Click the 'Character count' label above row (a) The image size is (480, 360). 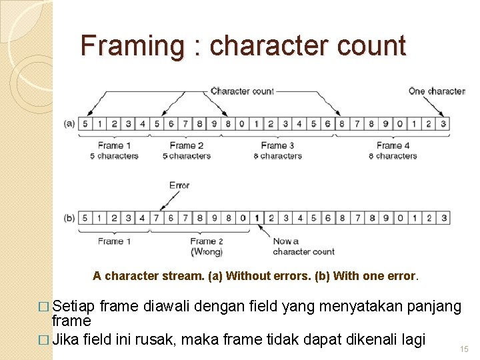242,91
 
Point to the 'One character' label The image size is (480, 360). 437,91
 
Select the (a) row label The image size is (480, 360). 69,123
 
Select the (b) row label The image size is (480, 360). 69,217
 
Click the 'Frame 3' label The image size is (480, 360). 274,145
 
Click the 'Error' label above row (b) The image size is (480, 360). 179,185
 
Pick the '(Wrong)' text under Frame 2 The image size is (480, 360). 207,251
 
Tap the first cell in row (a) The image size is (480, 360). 85,123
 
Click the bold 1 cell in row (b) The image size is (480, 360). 256,217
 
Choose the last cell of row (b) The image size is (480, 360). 444,217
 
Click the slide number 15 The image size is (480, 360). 464,349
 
